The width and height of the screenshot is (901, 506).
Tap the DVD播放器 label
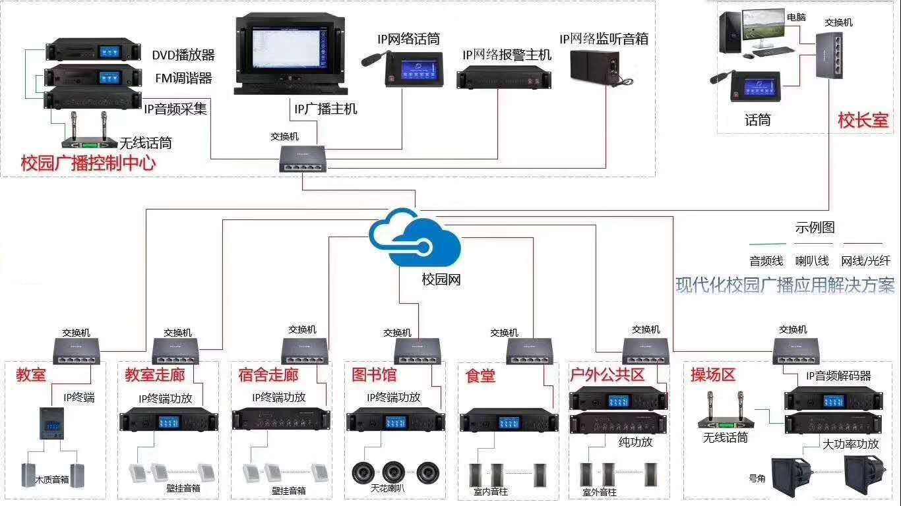(x=183, y=55)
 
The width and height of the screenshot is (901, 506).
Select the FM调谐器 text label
(x=183, y=78)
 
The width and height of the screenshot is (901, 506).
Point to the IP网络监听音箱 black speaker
(x=594, y=65)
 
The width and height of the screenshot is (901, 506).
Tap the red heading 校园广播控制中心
(x=88, y=163)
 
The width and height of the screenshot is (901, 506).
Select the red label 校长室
(x=863, y=120)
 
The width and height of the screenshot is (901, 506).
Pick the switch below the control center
(x=303, y=157)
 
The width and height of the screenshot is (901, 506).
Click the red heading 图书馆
(x=375, y=375)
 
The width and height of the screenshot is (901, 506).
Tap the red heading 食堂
(x=480, y=376)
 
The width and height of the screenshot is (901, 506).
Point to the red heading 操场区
(x=712, y=375)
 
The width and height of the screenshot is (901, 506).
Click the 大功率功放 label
(x=850, y=443)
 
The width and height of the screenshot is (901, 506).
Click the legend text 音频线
(x=766, y=261)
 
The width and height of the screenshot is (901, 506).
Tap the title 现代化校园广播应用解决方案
(x=785, y=285)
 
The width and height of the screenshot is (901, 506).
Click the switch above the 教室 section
(x=77, y=349)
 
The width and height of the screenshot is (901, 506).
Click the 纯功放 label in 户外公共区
(x=635, y=441)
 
